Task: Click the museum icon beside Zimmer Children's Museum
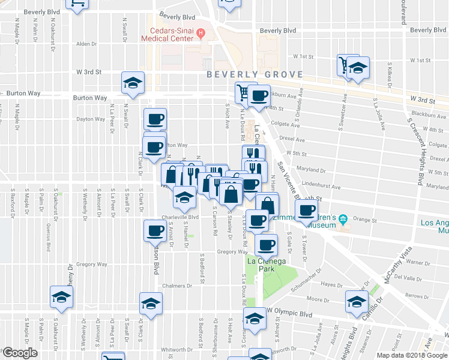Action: [x=343, y=220]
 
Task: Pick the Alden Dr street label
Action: [x=86, y=44]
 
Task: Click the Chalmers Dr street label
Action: [x=176, y=286]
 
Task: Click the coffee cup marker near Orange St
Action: [x=306, y=211]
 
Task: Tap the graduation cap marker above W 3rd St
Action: [x=133, y=83]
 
